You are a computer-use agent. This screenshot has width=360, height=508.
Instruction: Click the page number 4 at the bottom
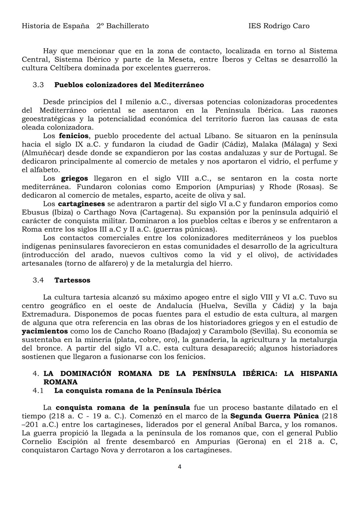(179, 467)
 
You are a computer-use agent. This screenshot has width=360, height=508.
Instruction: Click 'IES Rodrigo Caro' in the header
(279, 26)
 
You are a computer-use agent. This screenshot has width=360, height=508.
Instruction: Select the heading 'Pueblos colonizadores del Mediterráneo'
(129, 85)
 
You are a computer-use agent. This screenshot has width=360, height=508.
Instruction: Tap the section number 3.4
(38, 280)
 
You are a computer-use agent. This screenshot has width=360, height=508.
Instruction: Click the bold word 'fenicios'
(74, 136)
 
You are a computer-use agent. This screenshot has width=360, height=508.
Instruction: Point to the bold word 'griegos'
(75, 179)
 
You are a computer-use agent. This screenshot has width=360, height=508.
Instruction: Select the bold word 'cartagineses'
(81, 204)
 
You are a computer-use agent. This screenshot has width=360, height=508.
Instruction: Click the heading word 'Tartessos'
(72, 280)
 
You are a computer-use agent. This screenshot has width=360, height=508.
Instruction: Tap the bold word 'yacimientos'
(45, 331)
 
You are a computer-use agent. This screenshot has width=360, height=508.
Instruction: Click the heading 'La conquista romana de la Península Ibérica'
(138, 390)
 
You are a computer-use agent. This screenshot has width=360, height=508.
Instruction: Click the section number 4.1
(38, 390)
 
